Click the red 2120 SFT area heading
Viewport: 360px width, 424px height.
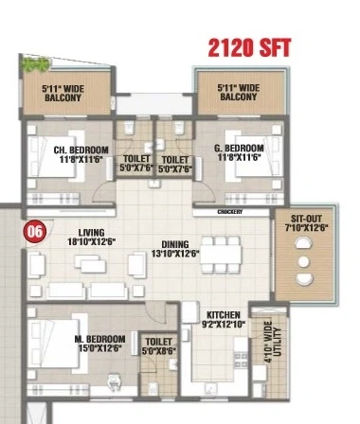tap(249, 48)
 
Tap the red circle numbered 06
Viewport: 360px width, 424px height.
tap(35, 232)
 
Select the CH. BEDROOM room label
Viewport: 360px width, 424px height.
tap(81, 150)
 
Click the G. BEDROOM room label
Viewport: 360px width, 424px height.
tap(239, 148)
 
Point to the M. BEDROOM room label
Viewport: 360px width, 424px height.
tap(99, 339)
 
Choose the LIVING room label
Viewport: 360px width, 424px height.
tap(91, 233)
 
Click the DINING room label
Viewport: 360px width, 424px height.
tap(175, 244)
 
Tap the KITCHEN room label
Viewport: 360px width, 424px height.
tap(224, 315)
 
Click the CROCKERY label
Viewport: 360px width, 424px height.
tap(230, 212)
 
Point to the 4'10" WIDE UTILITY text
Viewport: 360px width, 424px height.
tap(272, 342)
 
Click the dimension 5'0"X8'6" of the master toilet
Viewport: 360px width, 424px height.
tap(159, 351)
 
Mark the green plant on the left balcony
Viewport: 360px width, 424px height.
tap(35, 64)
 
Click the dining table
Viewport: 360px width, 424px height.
tap(221, 255)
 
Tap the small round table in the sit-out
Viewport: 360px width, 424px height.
tap(304, 261)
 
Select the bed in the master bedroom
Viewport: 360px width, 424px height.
tap(57, 344)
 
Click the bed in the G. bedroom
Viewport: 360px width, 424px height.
tap(254, 156)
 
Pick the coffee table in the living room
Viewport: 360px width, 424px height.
tap(90, 264)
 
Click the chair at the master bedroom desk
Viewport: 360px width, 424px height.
tap(114, 381)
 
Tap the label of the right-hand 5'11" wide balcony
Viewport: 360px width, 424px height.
tap(239, 92)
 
